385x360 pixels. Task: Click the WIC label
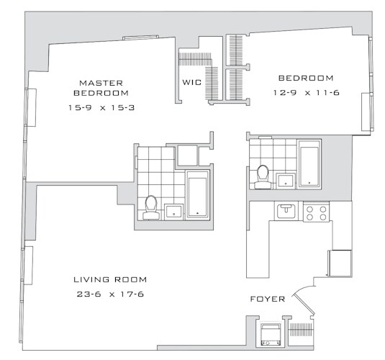click(191, 82)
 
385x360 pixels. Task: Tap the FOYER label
click(268, 299)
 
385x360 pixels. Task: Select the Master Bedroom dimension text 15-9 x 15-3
click(101, 107)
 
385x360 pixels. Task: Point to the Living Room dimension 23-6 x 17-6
click(110, 294)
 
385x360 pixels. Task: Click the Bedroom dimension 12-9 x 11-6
click(307, 93)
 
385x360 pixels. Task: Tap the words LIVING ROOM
click(110, 279)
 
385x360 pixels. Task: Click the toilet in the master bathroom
click(151, 207)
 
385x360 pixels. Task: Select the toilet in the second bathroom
click(262, 177)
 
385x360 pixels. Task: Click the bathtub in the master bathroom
click(197, 194)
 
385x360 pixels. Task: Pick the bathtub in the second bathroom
click(309, 164)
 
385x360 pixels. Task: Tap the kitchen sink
click(286, 211)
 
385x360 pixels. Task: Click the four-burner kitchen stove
click(316, 213)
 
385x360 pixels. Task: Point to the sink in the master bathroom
click(173, 212)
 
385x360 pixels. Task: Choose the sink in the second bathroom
click(285, 181)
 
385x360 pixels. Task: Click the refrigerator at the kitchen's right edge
click(340, 264)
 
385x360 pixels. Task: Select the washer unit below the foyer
click(271, 335)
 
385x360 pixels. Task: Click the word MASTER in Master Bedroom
click(101, 83)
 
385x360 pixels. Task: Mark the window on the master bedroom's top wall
click(141, 37)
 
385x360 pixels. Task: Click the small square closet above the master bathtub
click(188, 156)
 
